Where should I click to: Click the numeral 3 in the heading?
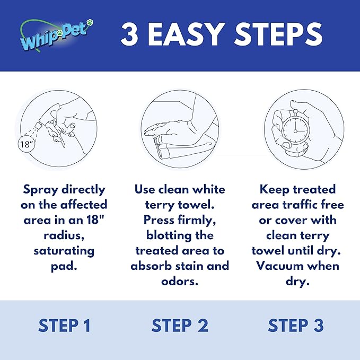(130, 35)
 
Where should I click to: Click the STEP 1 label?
(64, 326)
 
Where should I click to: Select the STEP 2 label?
(180, 326)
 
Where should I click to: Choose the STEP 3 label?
(296, 326)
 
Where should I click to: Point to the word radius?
(64, 235)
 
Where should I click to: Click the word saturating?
(64, 250)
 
